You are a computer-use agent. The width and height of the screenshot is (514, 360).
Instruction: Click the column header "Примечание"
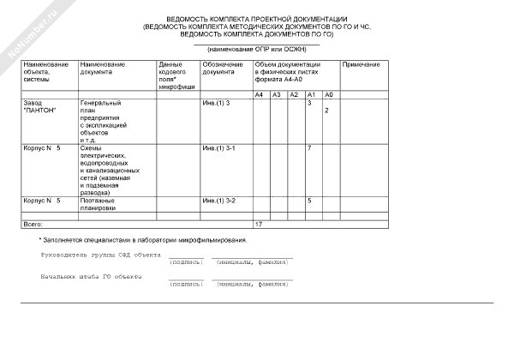click(361, 65)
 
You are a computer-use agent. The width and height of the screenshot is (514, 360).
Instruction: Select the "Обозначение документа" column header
click(223, 69)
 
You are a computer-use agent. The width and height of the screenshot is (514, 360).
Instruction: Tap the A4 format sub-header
click(260, 93)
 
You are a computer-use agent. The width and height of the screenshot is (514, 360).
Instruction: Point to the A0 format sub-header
click(330, 93)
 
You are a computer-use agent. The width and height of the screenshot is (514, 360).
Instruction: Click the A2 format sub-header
click(294, 93)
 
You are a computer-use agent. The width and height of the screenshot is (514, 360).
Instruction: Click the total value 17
click(259, 224)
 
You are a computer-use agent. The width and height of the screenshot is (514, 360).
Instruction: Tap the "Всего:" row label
click(33, 224)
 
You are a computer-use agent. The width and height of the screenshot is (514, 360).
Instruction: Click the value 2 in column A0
click(326, 111)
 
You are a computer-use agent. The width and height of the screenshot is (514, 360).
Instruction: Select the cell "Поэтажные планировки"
click(98, 204)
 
